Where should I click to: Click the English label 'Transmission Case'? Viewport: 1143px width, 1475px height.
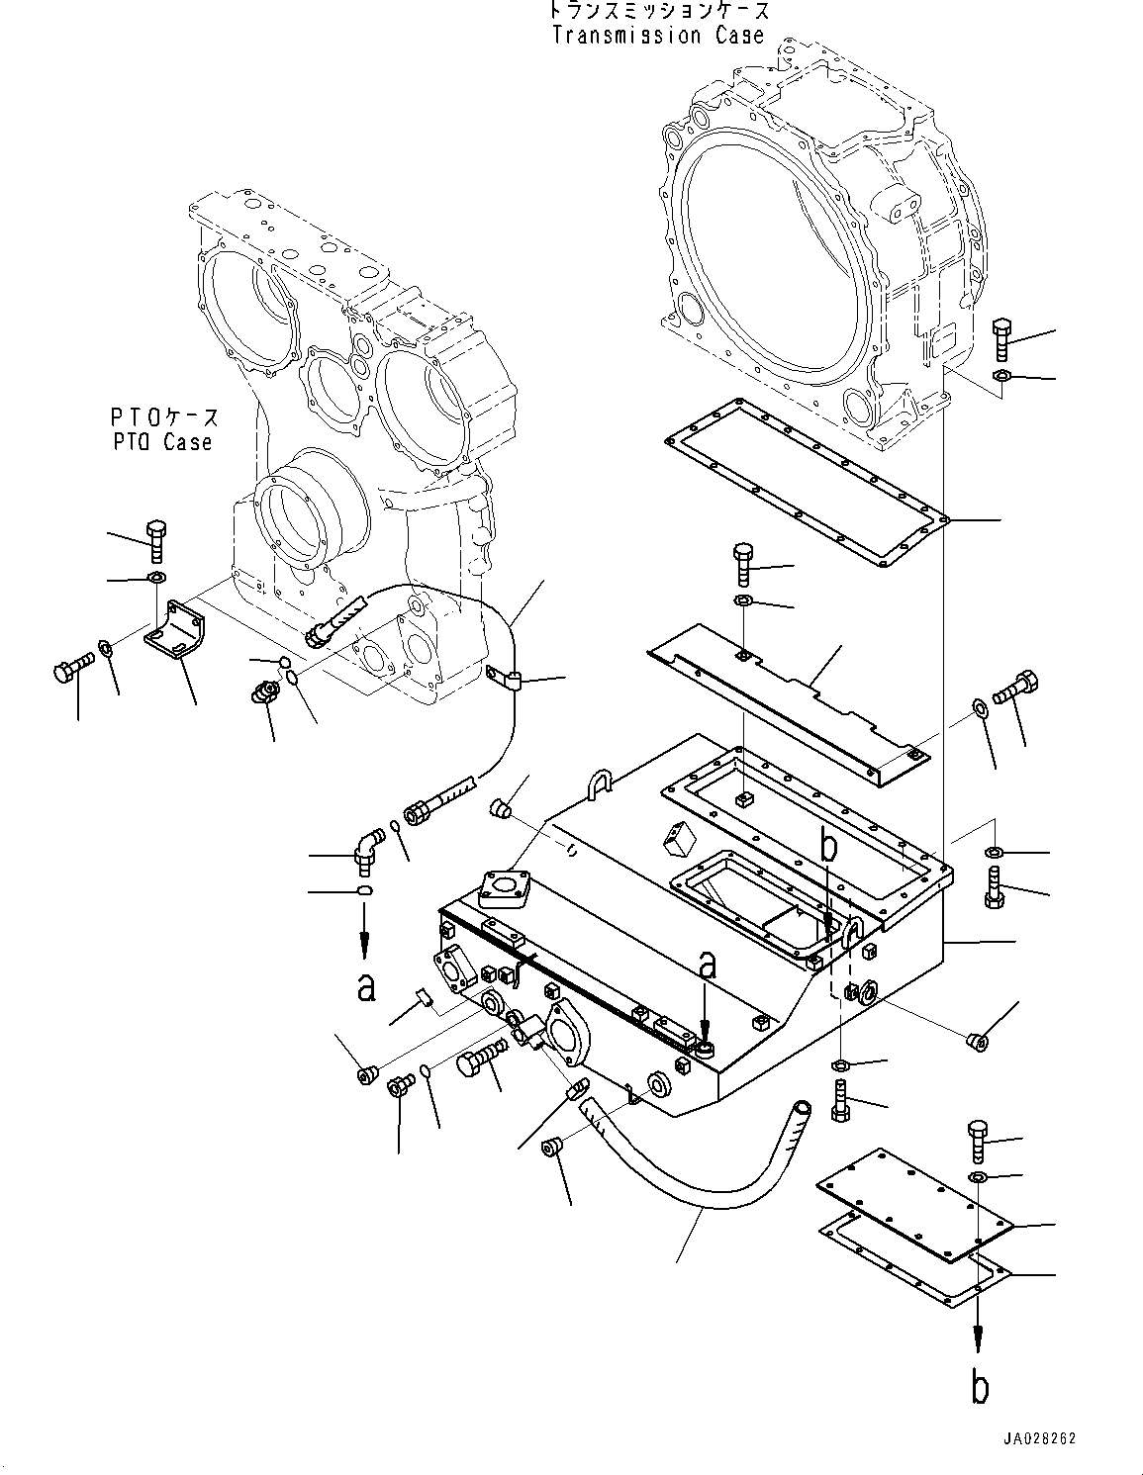pyautogui.click(x=658, y=36)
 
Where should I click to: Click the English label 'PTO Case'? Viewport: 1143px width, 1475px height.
pyautogui.click(x=162, y=442)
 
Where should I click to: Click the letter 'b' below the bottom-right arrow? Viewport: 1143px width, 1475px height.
pyautogui.click(x=979, y=1388)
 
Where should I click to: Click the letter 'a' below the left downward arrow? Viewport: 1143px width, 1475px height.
pyautogui.click(x=366, y=986)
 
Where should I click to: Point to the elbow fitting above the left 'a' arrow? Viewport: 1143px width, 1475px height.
pyautogui.click(x=366, y=851)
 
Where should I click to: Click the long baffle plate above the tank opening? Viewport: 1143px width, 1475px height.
pyautogui.click(x=792, y=702)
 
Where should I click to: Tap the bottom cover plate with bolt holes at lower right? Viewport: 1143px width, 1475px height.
pyautogui.click(x=915, y=1207)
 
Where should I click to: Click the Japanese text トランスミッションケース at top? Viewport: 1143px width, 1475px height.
pyautogui.click(x=658, y=11)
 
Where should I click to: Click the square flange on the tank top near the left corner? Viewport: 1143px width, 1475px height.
pyautogui.click(x=505, y=887)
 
